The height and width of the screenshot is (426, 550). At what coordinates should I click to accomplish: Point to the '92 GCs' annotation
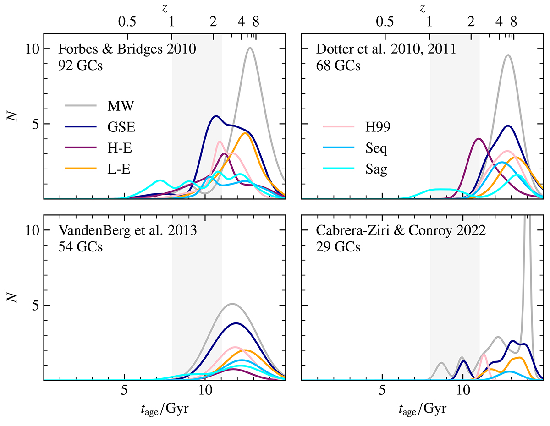pos(80,66)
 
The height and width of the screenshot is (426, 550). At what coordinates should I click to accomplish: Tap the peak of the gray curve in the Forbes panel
pos(250,48)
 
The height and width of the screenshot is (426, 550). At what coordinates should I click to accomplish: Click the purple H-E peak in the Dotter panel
pos(478,138)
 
